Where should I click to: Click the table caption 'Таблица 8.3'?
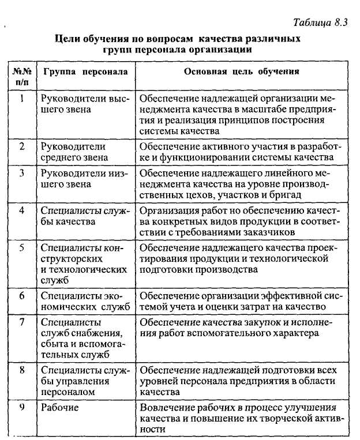point(320,23)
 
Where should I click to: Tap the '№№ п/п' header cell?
point(21,78)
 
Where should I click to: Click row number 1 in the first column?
point(21,99)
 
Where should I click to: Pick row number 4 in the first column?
point(21,210)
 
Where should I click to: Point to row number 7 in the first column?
point(21,322)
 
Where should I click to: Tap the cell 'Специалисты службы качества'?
point(85,216)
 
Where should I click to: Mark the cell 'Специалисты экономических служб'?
point(85,300)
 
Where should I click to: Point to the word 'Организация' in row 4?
point(168,210)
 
